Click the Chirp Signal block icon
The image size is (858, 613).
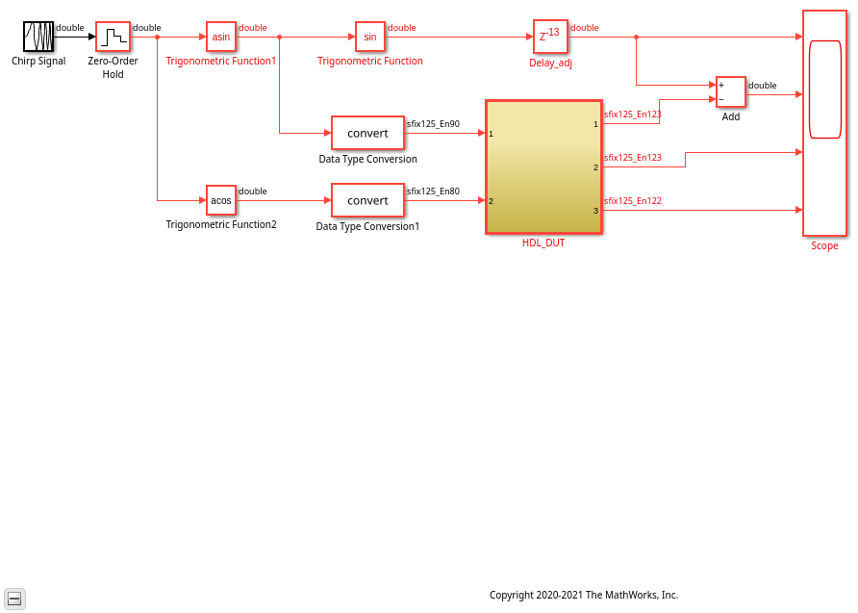38,37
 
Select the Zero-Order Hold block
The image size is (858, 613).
113,37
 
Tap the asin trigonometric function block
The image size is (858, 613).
221,37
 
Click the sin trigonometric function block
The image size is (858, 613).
370,37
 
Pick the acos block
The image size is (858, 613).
221,200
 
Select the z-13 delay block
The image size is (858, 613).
550,37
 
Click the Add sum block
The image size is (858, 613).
730,92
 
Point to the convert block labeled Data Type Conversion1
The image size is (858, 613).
367,200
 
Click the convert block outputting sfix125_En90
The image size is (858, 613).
367,133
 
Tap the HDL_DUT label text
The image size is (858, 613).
543,243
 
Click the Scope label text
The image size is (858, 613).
824,245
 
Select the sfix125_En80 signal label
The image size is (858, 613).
434,191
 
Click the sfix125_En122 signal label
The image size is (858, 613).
633,201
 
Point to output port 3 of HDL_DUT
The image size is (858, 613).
596,211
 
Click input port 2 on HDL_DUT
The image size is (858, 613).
491,201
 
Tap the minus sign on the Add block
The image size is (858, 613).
721,99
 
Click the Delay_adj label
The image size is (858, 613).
550,63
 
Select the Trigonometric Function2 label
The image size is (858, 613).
221,224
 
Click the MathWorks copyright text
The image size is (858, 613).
584,595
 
